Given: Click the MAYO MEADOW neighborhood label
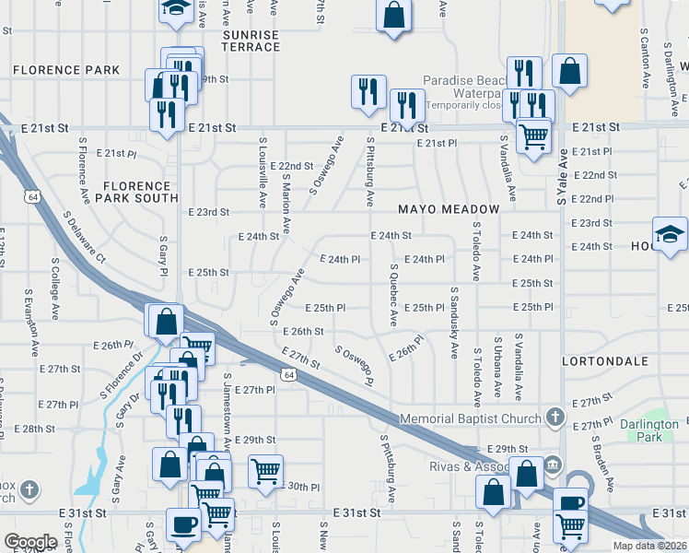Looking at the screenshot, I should click(x=449, y=209).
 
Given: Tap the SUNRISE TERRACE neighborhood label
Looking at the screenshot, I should click(x=251, y=41).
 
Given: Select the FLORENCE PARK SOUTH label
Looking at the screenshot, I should click(x=140, y=192).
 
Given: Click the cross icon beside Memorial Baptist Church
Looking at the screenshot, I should click(x=555, y=418).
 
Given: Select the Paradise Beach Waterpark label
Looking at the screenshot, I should click(x=461, y=87).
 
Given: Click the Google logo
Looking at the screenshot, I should click(x=30, y=542).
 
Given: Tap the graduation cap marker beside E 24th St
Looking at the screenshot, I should click(x=670, y=234).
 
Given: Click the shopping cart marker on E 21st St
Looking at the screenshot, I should click(x=533, y=136).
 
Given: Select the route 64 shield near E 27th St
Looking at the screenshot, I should click(x=288, y=374).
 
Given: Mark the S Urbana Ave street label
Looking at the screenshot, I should click(x=498, y=365).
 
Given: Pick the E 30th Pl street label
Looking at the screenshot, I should click(x=303, y=486).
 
